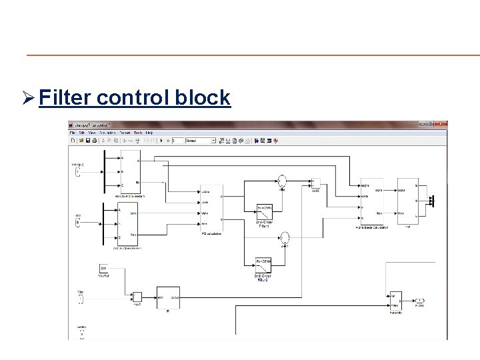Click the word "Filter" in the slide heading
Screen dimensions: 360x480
coord(65,98)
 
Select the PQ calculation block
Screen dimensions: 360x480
coord(211,206)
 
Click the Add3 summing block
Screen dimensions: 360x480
coord(316,183)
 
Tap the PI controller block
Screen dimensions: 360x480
coord(169,297)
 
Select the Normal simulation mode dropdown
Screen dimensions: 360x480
coord(200,141)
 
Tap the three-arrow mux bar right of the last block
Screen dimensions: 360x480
coord(431,200)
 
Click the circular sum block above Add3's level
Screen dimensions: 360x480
coord(282,180)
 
